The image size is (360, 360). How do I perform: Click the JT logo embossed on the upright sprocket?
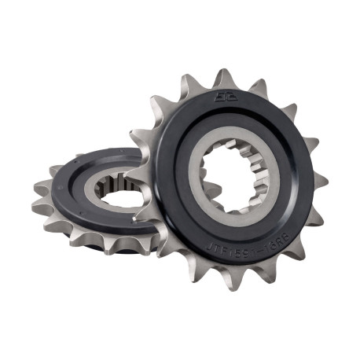(x=216, y=97)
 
